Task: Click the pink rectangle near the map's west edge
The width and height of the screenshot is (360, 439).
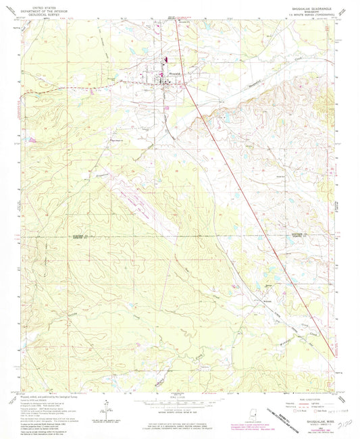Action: click(30, 138)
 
